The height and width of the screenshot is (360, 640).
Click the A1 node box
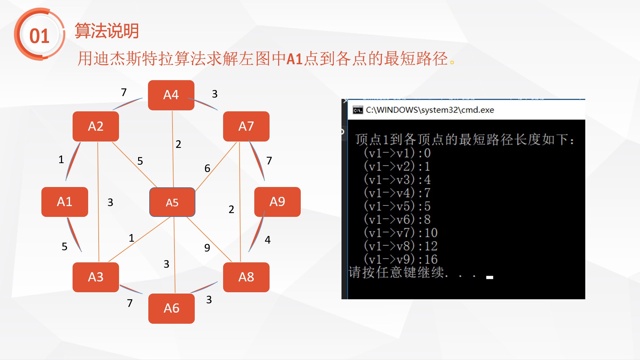(65, 202)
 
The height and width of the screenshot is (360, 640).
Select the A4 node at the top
(171, 95)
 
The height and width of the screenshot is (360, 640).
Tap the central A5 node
(172, 202)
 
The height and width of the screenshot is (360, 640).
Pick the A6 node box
(172, 308)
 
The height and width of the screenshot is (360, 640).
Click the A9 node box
(278, 202)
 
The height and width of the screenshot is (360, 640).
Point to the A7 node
(246, 126)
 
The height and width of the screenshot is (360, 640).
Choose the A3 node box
(96, 277)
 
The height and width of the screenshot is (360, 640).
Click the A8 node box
(246, 277)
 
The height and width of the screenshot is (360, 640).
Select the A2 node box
(96, 126)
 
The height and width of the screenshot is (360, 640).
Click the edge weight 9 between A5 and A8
(207, 248)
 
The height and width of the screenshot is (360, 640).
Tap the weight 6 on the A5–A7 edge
(207, 168)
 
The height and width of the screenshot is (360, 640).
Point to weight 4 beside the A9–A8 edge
(268, 240)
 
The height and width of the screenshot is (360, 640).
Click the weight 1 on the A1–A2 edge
(61, 159)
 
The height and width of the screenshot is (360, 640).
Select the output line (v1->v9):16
(401, 259)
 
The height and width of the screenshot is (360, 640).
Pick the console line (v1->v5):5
(397, 206)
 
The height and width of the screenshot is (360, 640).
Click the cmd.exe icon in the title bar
(358, 110)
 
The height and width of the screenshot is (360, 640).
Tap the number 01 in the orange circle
(39, 36)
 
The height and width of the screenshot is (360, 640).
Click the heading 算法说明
(107, 31)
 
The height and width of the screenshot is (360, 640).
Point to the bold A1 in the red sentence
(294, 59)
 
